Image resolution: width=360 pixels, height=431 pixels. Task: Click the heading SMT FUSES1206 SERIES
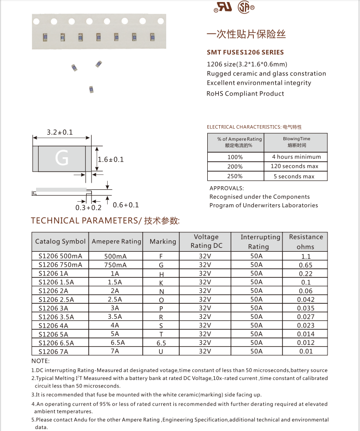coord(245,52)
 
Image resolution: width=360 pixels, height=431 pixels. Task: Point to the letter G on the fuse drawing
coord(62,158)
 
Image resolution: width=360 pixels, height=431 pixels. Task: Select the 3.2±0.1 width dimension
coord(60,133)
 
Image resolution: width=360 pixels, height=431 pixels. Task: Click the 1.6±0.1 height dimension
coord(111,159)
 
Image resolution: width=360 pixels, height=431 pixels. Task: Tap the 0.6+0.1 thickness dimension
coord(126,205)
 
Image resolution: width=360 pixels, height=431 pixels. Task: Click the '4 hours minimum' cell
coord(296,157)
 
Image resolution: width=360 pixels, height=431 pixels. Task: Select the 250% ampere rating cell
coord(235,176)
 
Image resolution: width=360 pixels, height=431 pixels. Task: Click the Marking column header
coord(163,241)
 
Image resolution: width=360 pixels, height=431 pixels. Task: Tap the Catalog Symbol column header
coord(61,241)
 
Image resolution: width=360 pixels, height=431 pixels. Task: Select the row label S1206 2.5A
coord(56,299)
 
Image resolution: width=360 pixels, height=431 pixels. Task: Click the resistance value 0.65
coord(305,265)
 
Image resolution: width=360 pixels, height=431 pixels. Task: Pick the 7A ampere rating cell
coord(115,351)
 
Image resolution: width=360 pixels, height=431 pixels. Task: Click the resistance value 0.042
coord(305,300)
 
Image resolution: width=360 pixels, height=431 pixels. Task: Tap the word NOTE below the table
coord(41,360)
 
